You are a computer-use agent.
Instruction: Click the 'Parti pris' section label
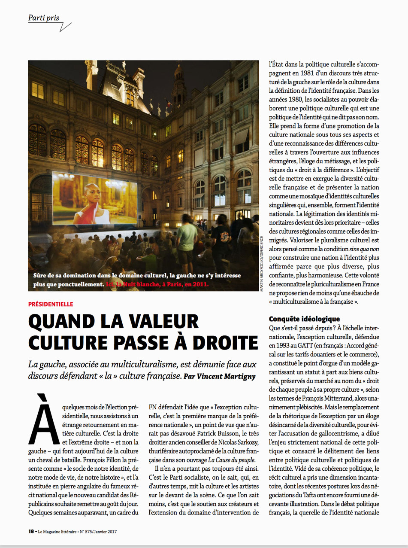(43, 18)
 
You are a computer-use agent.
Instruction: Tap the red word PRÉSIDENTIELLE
(51, 304)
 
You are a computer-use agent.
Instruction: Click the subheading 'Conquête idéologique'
(304, 319)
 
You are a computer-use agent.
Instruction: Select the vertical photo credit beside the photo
(262, 262)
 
